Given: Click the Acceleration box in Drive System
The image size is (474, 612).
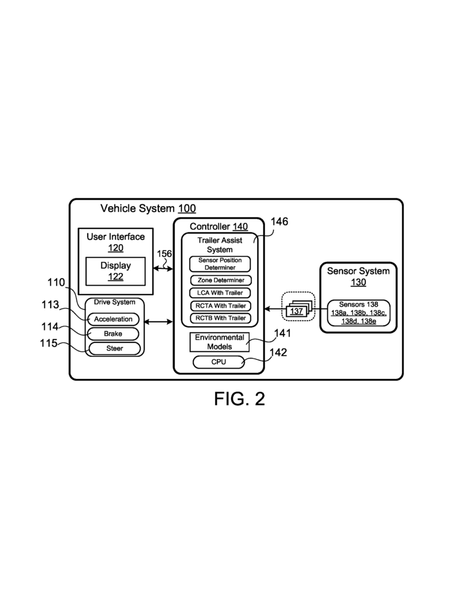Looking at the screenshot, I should [113, 319].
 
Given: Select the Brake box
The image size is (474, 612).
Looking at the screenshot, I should [113, 333].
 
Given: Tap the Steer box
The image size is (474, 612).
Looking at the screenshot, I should [113, 348].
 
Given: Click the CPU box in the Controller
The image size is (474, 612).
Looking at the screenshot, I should [218, 362].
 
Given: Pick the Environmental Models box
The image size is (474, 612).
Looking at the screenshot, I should [219, 342].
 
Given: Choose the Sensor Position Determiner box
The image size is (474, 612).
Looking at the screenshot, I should [220, 264].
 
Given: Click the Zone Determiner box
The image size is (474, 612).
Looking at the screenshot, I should [220, 280].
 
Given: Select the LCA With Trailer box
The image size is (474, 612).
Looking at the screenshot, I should [220, 293].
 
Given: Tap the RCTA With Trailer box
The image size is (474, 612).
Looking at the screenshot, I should [220, 305].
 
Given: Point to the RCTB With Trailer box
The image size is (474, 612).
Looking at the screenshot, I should [220, 318].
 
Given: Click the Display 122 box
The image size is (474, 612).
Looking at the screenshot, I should [115, 271].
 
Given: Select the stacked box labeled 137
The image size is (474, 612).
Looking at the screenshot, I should [297, 311].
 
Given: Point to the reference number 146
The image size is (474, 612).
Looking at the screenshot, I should [279, 222].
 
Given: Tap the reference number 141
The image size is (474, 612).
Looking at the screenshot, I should [282, 333].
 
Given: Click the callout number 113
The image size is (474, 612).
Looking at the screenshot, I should [50, 305].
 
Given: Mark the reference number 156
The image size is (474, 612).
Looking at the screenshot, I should [164, 253].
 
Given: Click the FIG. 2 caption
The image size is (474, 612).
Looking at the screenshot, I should [239, 399].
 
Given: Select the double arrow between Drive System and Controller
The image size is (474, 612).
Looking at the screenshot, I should [159, 323].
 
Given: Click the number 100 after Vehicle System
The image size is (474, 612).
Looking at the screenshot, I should [187, 209].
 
